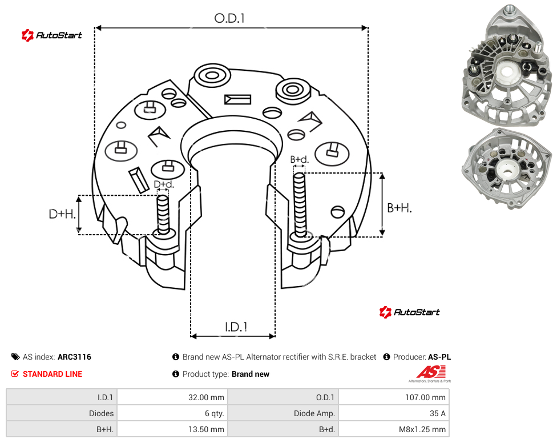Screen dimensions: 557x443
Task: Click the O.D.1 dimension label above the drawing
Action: tap(229, 18)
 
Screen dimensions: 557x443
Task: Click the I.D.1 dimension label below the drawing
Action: tap(236, 327)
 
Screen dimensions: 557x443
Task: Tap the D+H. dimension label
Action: tap(62, 214)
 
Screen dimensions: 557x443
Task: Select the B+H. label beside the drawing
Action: tap(399, 208)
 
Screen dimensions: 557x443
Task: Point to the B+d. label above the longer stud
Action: tap(300, 159)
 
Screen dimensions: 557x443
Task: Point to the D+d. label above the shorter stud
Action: tap(164, 184)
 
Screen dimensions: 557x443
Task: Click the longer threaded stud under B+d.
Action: tap(300, 206)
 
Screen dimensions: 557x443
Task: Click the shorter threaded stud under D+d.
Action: tap(163, 215)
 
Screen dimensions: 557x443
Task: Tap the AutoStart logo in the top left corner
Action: tap(51, 35)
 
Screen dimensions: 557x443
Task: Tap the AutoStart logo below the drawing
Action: tap(409, 312)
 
